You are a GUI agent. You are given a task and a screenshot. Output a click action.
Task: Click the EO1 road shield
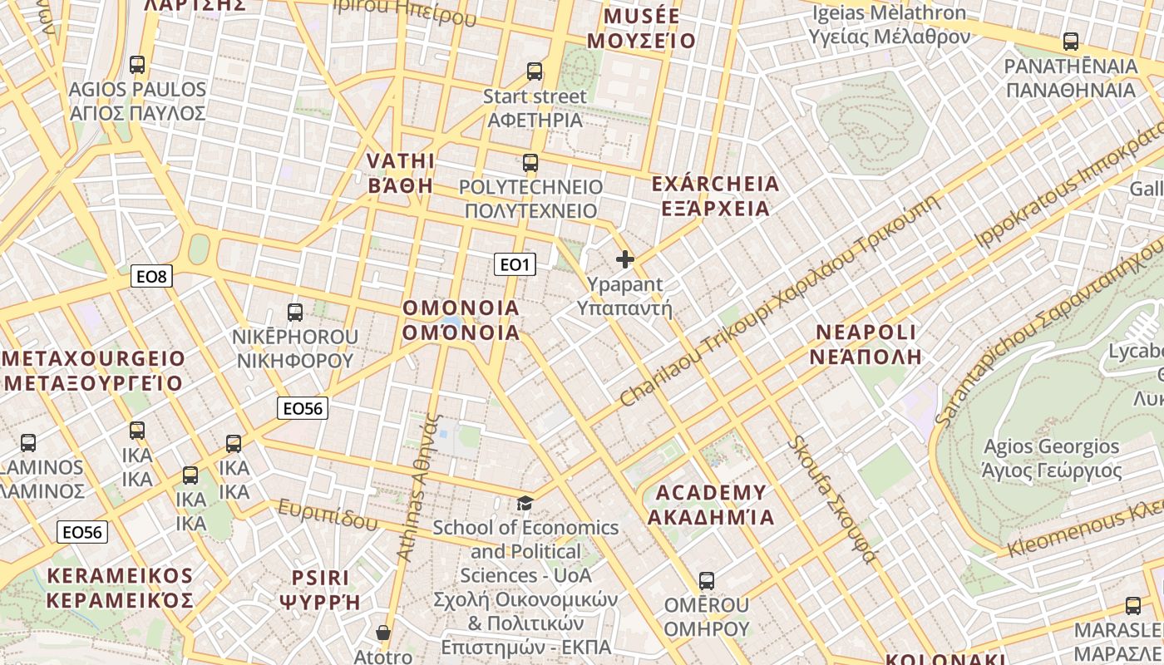coord(515,264)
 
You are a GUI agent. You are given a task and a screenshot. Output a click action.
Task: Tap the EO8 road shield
coord(151,276)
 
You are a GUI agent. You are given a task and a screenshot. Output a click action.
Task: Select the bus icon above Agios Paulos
coord(137,64)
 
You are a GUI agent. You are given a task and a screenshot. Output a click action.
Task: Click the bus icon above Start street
coord(535,71)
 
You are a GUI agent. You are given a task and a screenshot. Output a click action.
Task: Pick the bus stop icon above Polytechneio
coord(530,163)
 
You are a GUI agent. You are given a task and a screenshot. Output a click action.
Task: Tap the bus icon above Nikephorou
coord(295,313)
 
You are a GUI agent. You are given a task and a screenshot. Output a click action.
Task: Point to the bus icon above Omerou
coord(707,581)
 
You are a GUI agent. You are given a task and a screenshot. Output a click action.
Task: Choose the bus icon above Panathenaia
coord(1071,41)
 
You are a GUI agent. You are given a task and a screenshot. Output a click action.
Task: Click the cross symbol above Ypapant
coord(625,260)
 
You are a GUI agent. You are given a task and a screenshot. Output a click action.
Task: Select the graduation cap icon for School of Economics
coord(525,503)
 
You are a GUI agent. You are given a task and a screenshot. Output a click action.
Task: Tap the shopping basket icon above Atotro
coord(383,633)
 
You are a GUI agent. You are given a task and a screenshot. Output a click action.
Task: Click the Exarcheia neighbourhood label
coord(716,195)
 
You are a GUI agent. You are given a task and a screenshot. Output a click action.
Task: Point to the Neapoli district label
coord(868,344)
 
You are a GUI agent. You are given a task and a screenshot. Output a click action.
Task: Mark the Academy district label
coord(711,505)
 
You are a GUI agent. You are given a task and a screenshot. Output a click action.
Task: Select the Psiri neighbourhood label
coord(320,589)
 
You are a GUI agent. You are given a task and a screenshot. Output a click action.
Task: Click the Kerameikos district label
coord(120,587)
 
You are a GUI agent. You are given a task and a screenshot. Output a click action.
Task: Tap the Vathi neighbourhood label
coord(401,172)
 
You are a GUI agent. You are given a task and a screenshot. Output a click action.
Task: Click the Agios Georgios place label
coord(1052,458)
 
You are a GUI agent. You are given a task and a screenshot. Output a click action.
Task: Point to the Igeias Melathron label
coord(890,24)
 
